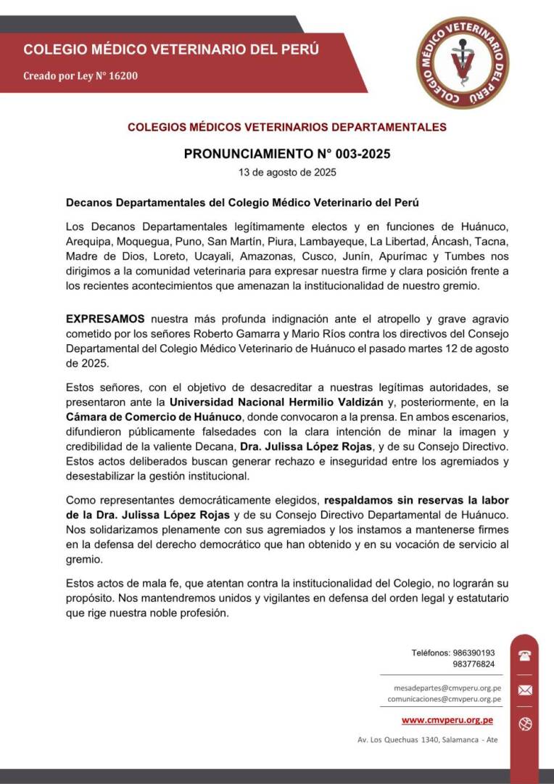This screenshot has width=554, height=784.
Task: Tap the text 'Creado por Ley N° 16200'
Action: point(80,75)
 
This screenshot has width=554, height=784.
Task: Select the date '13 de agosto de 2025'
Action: point(287,173)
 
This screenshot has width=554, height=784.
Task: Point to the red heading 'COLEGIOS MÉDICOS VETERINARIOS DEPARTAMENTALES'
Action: point(287,127)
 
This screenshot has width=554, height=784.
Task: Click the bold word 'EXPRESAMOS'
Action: point(105,319)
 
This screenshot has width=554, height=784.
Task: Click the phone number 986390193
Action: point(474,653)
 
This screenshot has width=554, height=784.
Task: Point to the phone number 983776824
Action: point(474,664)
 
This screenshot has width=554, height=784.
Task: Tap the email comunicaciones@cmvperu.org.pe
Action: point(445,699)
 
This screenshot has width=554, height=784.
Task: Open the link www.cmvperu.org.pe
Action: point(447,720)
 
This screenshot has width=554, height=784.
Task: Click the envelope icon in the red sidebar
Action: point(526,690)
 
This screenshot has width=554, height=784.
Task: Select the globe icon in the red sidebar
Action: point(526,723)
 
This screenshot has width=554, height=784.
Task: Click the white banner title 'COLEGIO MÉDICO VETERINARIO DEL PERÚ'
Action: point(171,50)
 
